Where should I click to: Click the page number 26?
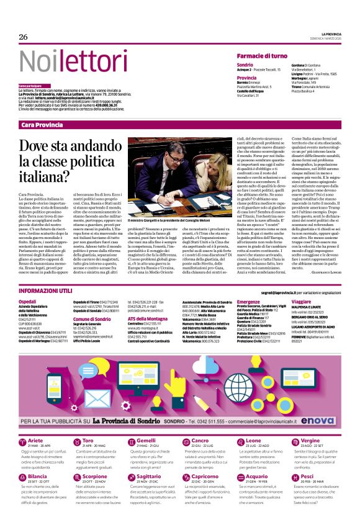(24, 37)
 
